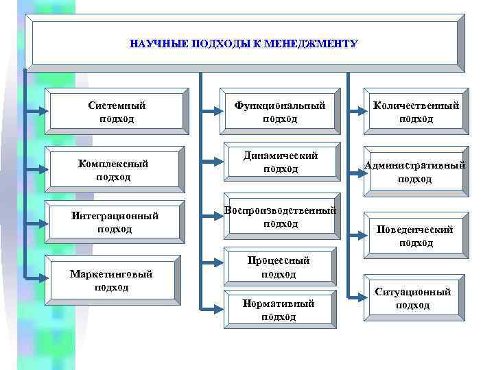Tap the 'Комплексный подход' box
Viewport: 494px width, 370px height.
(113, 169)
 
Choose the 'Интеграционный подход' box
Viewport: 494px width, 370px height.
(115, 223)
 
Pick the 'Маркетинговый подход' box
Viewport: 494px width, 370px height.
(112, 280)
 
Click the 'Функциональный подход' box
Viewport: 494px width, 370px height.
(280, 112)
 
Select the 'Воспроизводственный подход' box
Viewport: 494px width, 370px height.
(281, 217)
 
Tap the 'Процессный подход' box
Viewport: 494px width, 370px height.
(279, 267)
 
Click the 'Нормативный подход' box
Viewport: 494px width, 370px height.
(279, 310)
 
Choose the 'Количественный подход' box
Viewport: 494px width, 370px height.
(416, 112)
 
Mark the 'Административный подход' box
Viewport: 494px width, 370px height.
(415, 171)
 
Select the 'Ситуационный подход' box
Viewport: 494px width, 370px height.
(413, 298)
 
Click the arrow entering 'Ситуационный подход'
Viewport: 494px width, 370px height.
(354, 296)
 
